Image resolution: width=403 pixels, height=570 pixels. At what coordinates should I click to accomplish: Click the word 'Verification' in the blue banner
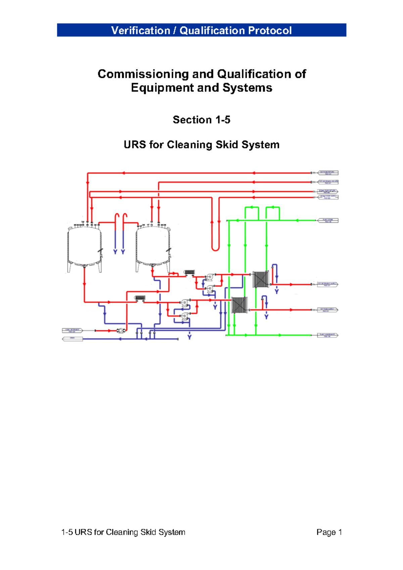(x=140, y=31)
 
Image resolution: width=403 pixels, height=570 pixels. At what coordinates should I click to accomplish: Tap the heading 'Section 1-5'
(x=201, y=120)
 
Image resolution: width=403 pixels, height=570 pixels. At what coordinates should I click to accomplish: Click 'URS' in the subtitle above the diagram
(x=135, y=145)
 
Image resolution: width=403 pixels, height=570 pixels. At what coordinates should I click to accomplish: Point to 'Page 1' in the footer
(x=329, y=532)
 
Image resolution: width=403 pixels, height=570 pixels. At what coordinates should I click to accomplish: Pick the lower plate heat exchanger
(x=239, y=305)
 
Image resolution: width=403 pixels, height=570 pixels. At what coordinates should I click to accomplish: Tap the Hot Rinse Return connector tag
(x=328, y=173)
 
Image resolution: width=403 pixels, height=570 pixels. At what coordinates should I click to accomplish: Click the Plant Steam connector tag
(x=328, y=221)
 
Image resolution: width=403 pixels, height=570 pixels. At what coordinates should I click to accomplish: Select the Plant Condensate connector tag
(x=328, y=335)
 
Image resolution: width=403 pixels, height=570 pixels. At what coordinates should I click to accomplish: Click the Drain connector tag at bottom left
(x=73, y=339)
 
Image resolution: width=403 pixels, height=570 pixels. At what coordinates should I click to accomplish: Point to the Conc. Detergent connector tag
(x=73, y=331)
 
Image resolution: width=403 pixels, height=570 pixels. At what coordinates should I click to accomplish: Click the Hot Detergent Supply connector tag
(x=328, y=284)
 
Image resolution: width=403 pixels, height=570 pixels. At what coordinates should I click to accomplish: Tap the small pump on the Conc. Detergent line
(x=120, y=331)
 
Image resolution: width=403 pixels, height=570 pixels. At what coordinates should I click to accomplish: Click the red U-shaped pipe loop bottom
(x=215, y=249)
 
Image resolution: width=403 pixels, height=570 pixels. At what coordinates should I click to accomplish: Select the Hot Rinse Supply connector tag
(x=328, y=310)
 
